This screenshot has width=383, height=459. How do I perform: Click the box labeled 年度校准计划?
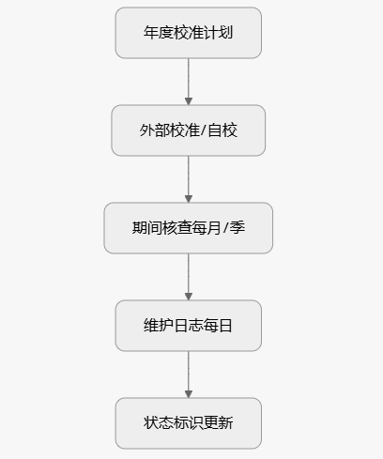[188, 33]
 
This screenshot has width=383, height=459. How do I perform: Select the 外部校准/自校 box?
[188, 130]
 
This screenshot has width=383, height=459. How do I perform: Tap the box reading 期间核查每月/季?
[188, 228]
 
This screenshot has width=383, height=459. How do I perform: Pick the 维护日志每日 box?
[188, 326]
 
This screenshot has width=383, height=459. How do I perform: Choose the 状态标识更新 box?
[188, 423]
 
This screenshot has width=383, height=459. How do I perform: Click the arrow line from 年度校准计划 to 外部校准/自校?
[188, 79]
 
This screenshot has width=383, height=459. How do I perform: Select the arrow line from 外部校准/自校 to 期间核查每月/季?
[188, 176]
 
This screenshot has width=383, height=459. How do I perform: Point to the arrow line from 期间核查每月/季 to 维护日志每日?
[188, 274]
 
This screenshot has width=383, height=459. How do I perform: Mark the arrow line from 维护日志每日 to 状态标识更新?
[188, 372]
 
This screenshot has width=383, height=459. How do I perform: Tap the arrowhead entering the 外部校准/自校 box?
[188, 101]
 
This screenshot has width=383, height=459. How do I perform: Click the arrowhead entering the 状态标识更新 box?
[188, 394]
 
